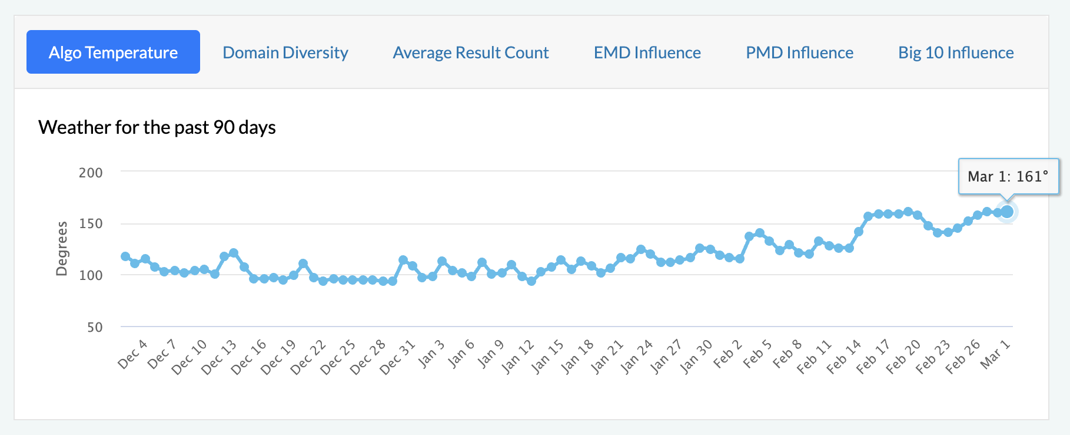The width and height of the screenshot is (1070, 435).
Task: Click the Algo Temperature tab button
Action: (x=113, y=52)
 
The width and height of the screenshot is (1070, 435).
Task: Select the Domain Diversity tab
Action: (x=285, y=52)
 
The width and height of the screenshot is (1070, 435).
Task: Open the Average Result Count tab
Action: (x=470, y=52)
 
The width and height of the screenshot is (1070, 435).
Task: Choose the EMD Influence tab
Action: (x=647, y=52)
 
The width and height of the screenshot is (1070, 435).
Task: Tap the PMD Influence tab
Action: (x=799, y=52)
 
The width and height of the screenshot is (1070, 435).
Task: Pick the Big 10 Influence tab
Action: (x=955, y=52)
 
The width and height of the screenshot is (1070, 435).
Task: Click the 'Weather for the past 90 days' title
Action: (x=157, y=127)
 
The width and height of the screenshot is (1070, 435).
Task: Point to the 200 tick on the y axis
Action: (x=91, y=173)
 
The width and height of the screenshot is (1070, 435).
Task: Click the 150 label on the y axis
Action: (x=91, y=223)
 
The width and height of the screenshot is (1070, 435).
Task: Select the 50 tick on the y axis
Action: (x=95, y=327)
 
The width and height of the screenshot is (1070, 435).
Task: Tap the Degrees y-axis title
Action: (x=61, y=249)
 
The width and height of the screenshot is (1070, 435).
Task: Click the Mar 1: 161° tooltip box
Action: (x=1008, y=176)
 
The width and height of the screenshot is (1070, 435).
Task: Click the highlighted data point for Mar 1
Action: (x=1007, y=212)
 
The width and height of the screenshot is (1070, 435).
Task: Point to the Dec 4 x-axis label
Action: (x=132, y=354)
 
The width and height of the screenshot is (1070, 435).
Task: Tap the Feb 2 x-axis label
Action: (x=727, y=354)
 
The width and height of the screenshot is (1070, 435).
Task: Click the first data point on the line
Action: (x=125, y=256)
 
